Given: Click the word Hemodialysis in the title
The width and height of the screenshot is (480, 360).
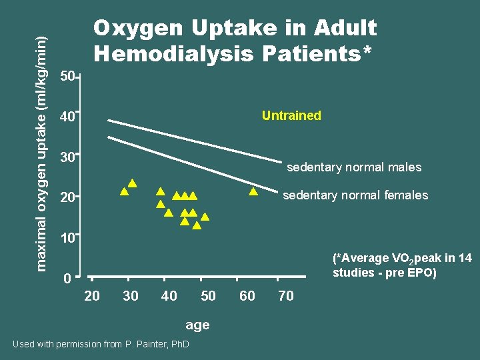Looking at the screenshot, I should pyautogui.click(x=175, y=53).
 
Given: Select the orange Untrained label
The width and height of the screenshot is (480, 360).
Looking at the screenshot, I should pyautogui.click(x=291, y=115).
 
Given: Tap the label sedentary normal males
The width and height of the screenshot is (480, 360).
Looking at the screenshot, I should pyautogui.click(x=354, y=167).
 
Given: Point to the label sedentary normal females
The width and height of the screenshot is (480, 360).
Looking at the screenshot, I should pyautogui.click(x=355, y=195).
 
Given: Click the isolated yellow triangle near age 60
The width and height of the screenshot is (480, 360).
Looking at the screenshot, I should pyautogui.click(x=253, y=192).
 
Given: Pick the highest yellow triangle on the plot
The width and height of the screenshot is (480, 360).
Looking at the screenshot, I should pyautogui.click(x=133, y=183).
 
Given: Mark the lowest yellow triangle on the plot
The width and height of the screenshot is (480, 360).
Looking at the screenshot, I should pyautogui.click(x=197, y=225).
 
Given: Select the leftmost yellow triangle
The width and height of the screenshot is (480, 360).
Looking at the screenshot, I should pyautogui.click(x=124, y=192).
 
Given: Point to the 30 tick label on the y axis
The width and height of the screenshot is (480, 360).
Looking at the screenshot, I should pyautogui.click(x=67, y=158).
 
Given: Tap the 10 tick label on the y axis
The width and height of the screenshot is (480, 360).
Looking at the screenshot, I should pyautogui.click(x=67, y=238).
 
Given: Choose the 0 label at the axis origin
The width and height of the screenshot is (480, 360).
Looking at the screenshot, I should pyautogui.click(x=67, y=279).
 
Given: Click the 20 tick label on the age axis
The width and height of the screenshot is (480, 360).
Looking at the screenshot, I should pyautogui.click(x=92, y=296).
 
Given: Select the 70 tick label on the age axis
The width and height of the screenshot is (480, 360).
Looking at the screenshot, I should pyautogui.click(x=286, y=296).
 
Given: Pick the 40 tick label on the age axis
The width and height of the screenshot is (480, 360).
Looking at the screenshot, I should pyautogui.click(x=169, y=296).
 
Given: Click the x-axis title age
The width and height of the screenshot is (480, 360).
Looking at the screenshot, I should pyautogui.click(x=197, y=325).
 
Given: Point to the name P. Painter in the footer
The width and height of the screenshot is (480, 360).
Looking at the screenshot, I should pyautogui.click(x=145, y=344).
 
